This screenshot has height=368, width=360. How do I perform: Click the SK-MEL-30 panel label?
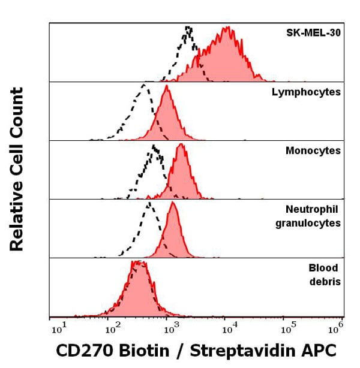[x=313, y=33]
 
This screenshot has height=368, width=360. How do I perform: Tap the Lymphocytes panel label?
[x=307, y=92]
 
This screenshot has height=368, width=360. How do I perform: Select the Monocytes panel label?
[x=313, y=150]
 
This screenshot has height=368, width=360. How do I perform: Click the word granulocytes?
[x=308, y=223]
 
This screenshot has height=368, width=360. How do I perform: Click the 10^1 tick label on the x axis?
[x=58, y=328]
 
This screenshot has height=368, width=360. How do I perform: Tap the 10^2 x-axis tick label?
[x=112, y=328]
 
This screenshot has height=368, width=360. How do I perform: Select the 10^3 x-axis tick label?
[x=171, y=328]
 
